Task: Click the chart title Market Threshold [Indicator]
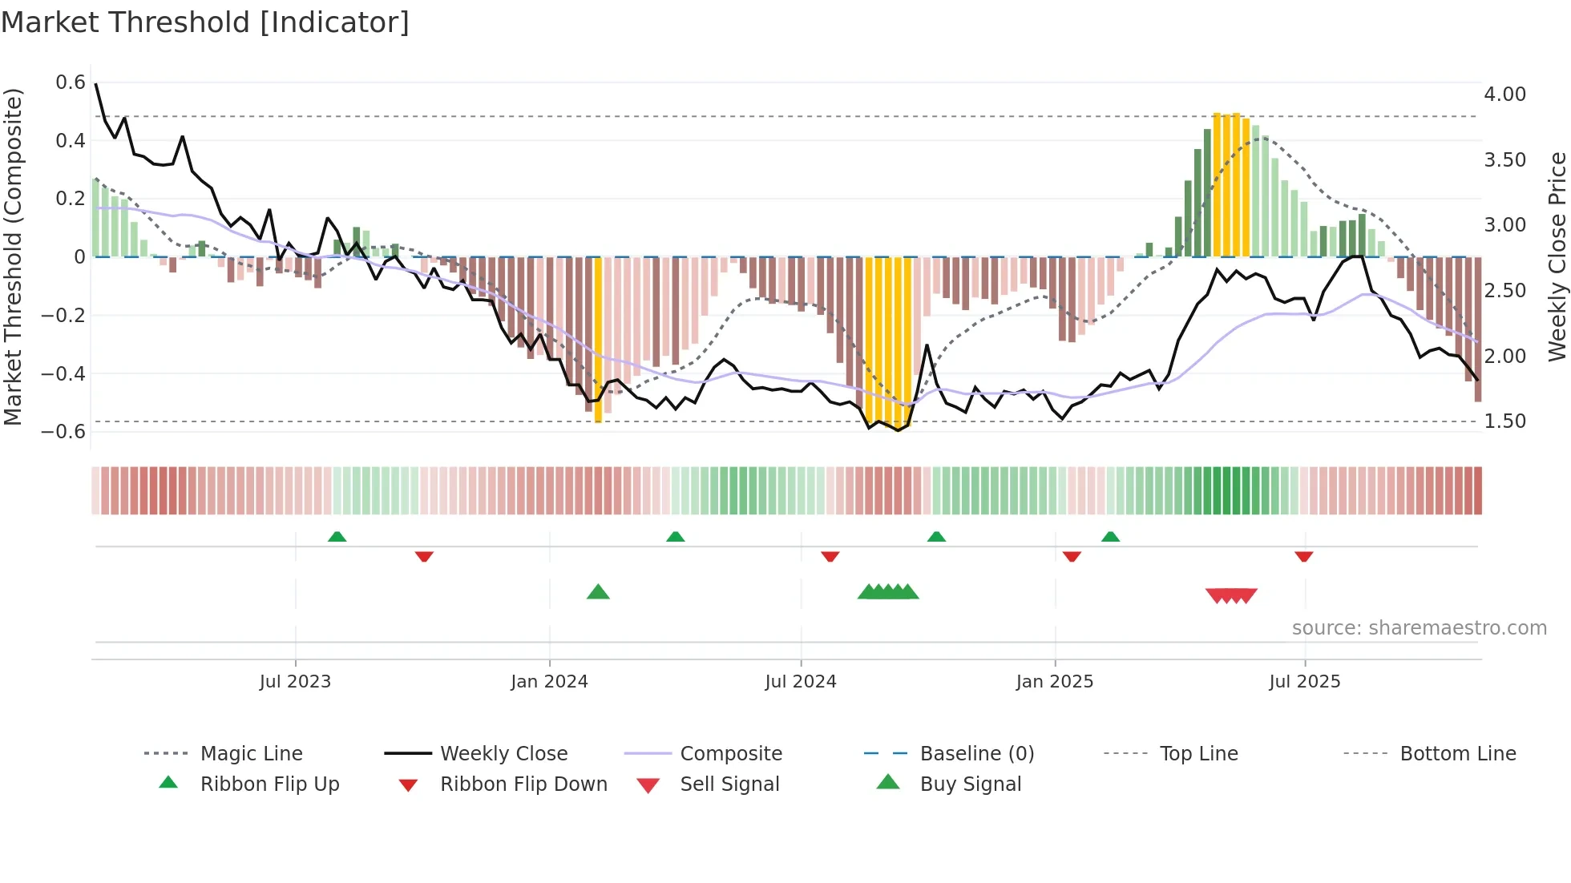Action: coord(205,22)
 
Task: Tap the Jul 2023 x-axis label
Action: coord(295,682)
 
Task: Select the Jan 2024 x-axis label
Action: coord(549,682)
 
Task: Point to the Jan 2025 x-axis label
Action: coord(1054,682)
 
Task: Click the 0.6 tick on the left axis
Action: coord(71,83)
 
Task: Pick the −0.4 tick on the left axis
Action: coord(64,373)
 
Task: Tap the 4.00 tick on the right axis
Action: coord(1504,95)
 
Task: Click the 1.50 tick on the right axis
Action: coord(1504,421)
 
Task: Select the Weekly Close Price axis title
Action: coord(1556,256)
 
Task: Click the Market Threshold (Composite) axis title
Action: coord(13,256)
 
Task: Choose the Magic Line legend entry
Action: coord(251,754)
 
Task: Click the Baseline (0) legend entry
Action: coord(976,754)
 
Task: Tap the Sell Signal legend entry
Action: coord(729,784)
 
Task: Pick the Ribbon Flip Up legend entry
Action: coord(269,784)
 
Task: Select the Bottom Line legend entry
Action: coord(1457,754)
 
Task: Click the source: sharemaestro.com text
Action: coord(1419,628)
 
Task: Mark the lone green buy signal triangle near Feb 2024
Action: coord(598,593)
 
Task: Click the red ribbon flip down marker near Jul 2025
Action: coord(1303,556)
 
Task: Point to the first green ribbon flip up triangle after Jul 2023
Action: coord(337,537)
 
